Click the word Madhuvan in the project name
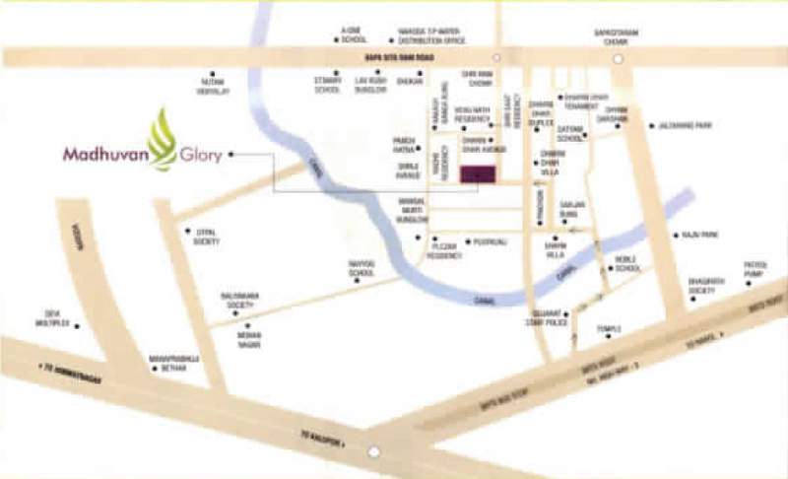click(x=103, y=155)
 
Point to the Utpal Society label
click(x=205, y=237)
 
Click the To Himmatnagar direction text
click(x=72, y=370)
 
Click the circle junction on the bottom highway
click(x=373, y=452)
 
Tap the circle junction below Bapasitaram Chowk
click(x=619, y=59)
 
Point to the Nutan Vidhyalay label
click(x=215, y=88)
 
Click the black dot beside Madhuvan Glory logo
click(x=232, y=155)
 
